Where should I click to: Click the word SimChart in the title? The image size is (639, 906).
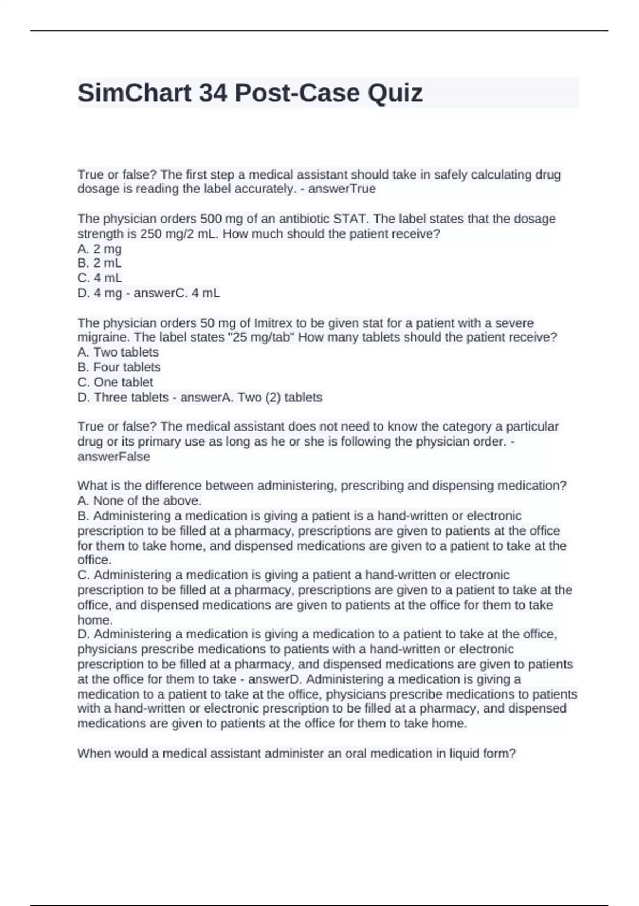point(135,93)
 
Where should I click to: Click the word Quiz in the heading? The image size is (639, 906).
point(395,93)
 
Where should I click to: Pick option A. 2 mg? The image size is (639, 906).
point(100,249)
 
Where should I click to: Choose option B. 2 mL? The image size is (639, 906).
point(100,263)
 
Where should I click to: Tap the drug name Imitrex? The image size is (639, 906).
point(274,323)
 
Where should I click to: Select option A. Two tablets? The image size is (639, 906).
point(118,352)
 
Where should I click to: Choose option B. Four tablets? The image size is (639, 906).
point(119,367)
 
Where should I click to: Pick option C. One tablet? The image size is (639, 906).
point(115,382)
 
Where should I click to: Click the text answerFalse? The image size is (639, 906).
point(114,457)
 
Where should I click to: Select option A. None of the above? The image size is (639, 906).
point(140,500)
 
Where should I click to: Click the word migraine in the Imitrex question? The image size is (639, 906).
point(102,337)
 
